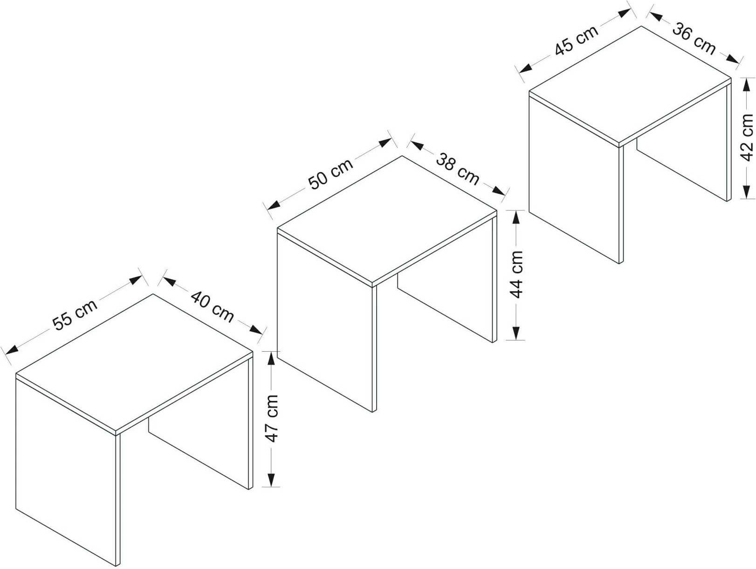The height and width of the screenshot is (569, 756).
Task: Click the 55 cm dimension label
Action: click(75, 315)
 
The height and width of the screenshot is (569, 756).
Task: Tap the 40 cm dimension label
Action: click(212, 307)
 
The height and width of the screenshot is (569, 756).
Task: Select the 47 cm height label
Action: click(272, 419)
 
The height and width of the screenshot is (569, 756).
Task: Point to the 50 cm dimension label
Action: click(330, 173)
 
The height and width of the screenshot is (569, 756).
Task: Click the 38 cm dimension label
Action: click(457, 169)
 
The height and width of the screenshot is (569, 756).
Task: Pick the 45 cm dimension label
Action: click(576, 40)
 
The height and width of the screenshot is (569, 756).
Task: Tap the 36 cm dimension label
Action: click(694, 38)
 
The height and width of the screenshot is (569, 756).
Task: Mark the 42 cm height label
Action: click(747, 138)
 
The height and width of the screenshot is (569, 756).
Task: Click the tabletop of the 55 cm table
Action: click(134, 362)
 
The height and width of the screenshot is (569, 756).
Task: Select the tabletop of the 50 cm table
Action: click(387, 220)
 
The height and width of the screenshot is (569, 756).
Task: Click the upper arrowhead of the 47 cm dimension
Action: click(271, 358)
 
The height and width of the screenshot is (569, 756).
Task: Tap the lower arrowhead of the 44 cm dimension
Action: click(515, 333)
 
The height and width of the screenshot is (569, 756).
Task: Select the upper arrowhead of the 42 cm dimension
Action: click(746, 85)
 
